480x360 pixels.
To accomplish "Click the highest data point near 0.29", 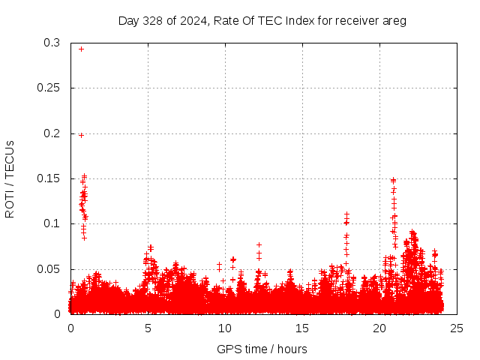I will tap(81, 49).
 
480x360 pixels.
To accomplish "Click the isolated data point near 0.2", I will tap(81, 135).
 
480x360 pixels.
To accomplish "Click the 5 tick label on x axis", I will tap(148, 328).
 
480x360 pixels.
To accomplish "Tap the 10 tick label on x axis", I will tap(225, 328).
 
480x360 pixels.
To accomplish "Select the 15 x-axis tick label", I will tap(302, 328).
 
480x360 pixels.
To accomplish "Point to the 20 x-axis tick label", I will tap(379, 328).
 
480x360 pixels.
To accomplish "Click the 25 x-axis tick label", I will tap(457, 328).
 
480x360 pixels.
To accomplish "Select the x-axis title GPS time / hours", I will tap(262, 349).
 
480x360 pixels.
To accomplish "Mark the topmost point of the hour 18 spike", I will tap(346, 214).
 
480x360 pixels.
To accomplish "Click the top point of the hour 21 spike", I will tap(393, 180).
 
